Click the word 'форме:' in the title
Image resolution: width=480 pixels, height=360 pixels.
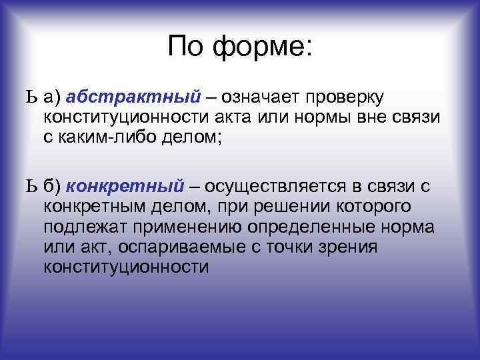click(263, 47)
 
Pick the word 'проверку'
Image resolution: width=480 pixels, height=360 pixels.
click(344, 99)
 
